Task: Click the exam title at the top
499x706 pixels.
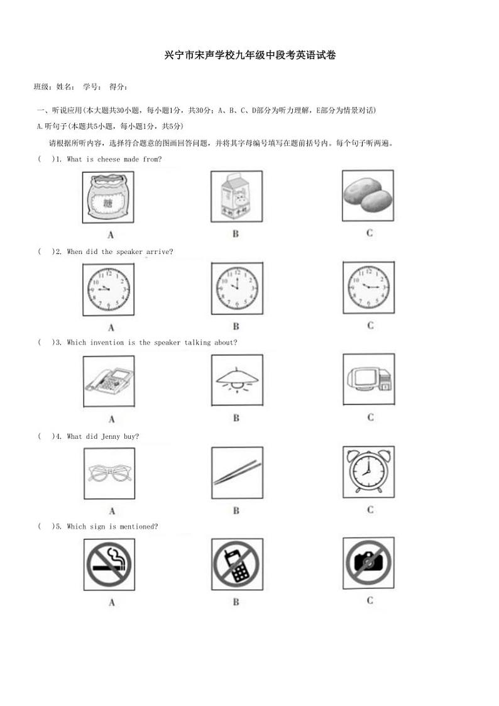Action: tap(249, 55)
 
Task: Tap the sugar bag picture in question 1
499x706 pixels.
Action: tap(108, 198)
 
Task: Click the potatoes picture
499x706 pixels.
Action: tap(368, 196)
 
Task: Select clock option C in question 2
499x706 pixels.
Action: tap(369, 287)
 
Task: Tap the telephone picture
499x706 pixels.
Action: tap(109, 380)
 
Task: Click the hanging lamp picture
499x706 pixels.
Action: tap(237, 380)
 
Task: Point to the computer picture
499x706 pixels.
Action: tap(369, 379)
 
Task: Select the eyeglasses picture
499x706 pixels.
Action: tap(109, 473)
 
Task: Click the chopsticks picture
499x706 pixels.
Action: tap(237, 472)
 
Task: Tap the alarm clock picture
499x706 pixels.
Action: tap(369, 472)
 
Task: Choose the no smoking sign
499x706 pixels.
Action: tap(109, 565)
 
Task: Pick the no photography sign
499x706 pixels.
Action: tap(369, 563)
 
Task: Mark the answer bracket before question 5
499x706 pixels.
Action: tap(46, 527)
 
